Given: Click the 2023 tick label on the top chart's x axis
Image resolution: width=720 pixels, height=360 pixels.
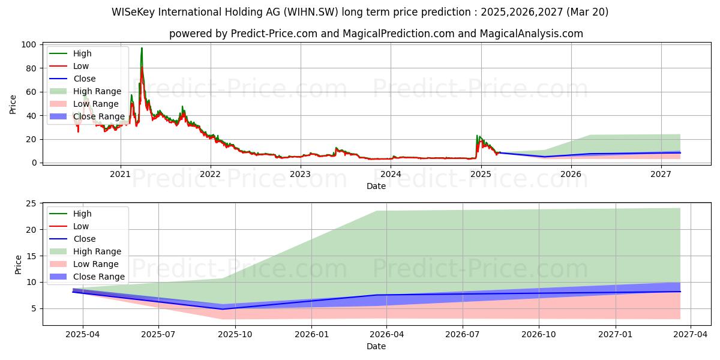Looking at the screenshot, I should (301, 174).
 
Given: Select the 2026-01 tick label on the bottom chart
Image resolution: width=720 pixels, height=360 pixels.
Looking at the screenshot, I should (311, 334).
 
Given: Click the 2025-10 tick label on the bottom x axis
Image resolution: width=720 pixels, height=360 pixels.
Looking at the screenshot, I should (235, 334).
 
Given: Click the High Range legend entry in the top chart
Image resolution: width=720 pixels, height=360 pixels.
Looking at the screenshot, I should (97, 91).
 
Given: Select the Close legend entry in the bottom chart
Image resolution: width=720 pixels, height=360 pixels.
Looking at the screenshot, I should (84, 239).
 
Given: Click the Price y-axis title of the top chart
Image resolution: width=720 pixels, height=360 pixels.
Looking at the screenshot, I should (13, 104).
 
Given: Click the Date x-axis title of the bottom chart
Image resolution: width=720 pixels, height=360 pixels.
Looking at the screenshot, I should (376, 346).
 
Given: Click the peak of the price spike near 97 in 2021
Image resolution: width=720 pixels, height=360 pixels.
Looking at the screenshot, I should (142, 48).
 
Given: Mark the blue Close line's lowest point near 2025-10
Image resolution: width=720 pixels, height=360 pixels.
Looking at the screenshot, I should (223, 309).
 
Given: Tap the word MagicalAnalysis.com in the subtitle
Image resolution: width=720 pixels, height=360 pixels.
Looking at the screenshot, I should (531, 34).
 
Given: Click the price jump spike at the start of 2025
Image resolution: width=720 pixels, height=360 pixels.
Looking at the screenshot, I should (478, 136).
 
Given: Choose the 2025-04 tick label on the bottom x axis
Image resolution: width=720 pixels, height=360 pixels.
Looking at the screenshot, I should (82, 334).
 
